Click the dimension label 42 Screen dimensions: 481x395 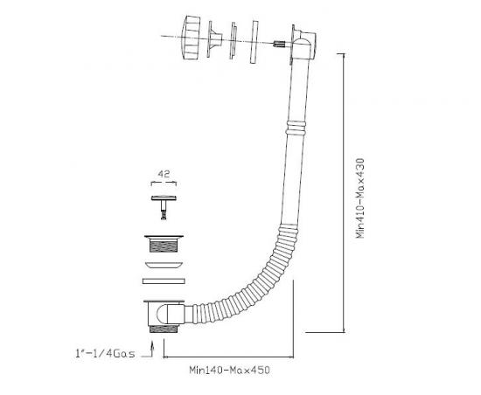click(164, 174)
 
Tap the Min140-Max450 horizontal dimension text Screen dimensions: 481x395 click(229, 371)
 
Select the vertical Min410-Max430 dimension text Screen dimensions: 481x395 click(359, 198)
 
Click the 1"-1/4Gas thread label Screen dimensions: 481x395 click(105, 353)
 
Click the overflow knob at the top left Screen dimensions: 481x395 click(191, 38)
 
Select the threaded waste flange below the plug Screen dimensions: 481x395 click(164, 244)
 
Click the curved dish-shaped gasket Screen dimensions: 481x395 click(164, 265)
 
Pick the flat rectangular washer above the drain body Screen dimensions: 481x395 click(164, 281)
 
